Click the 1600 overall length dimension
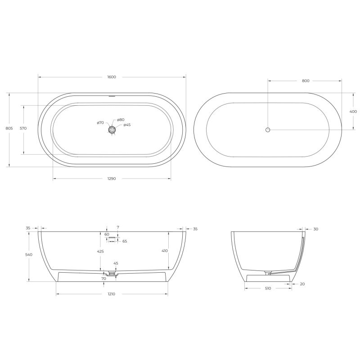[112, 77]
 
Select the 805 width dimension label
[9, 128]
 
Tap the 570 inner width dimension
[23, 128]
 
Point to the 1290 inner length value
[112, 179]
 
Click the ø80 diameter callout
[121, 120]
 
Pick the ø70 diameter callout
[100, 122]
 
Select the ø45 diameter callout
[127, 125]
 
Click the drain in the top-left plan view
[112, 130]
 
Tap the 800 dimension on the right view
[306, 81]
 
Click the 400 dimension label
[353, 111]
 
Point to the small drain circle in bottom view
[268, 130]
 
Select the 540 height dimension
[29, 255]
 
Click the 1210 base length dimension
[112, 294]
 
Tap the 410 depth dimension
[165, 251]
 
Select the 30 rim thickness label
[315, 229]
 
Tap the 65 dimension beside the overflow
[125, 241]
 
